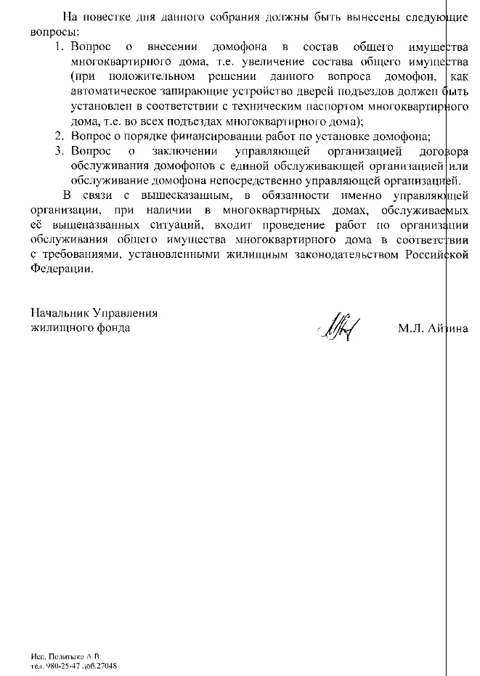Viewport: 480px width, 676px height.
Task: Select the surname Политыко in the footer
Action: tap(65, 656)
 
